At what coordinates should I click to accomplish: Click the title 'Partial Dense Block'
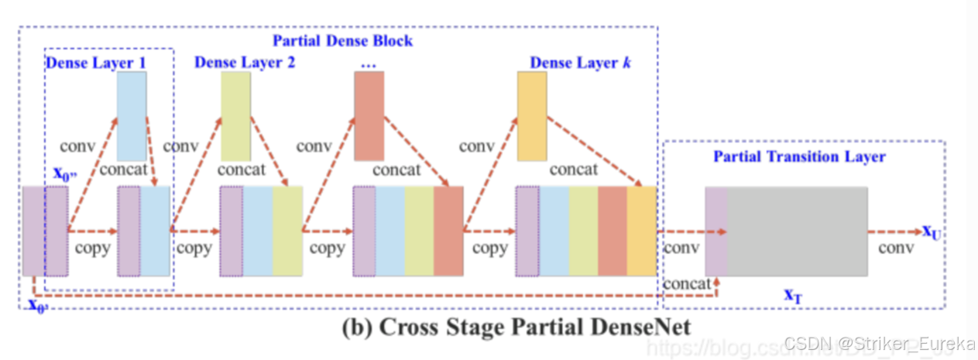pyautogui.click(x=341, y=40)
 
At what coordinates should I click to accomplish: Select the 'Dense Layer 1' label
pyautogui.click(x=95, y=62)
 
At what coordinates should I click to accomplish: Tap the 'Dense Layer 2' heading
pyautogui.click(x=244, y=62)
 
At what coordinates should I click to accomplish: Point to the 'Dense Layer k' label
pyautogui.click(x=579, y=62)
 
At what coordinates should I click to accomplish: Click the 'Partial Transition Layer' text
pyautogui.click(x=799, y=156)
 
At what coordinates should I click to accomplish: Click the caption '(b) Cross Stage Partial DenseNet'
pyautogui.click(x=516, y=327)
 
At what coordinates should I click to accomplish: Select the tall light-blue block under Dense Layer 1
pyautogui.click(x=132, y=116)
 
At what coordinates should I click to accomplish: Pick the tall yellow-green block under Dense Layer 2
pyautogui.click(x=235, y=116)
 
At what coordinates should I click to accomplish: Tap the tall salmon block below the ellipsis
pyautogui.click(x=369, y=116)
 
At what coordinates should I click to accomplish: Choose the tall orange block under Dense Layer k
pyautogui.click(x=532, y=116)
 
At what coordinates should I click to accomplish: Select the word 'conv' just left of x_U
pyautogui.click(x=896, y=249)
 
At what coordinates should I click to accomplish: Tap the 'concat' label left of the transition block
pyautogui.click(x=687, y=283)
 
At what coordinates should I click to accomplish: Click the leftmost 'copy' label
pyautogui.click(x=92, y=249)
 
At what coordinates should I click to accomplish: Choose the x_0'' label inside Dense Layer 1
pyautogui.click(x=65, y=173)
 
